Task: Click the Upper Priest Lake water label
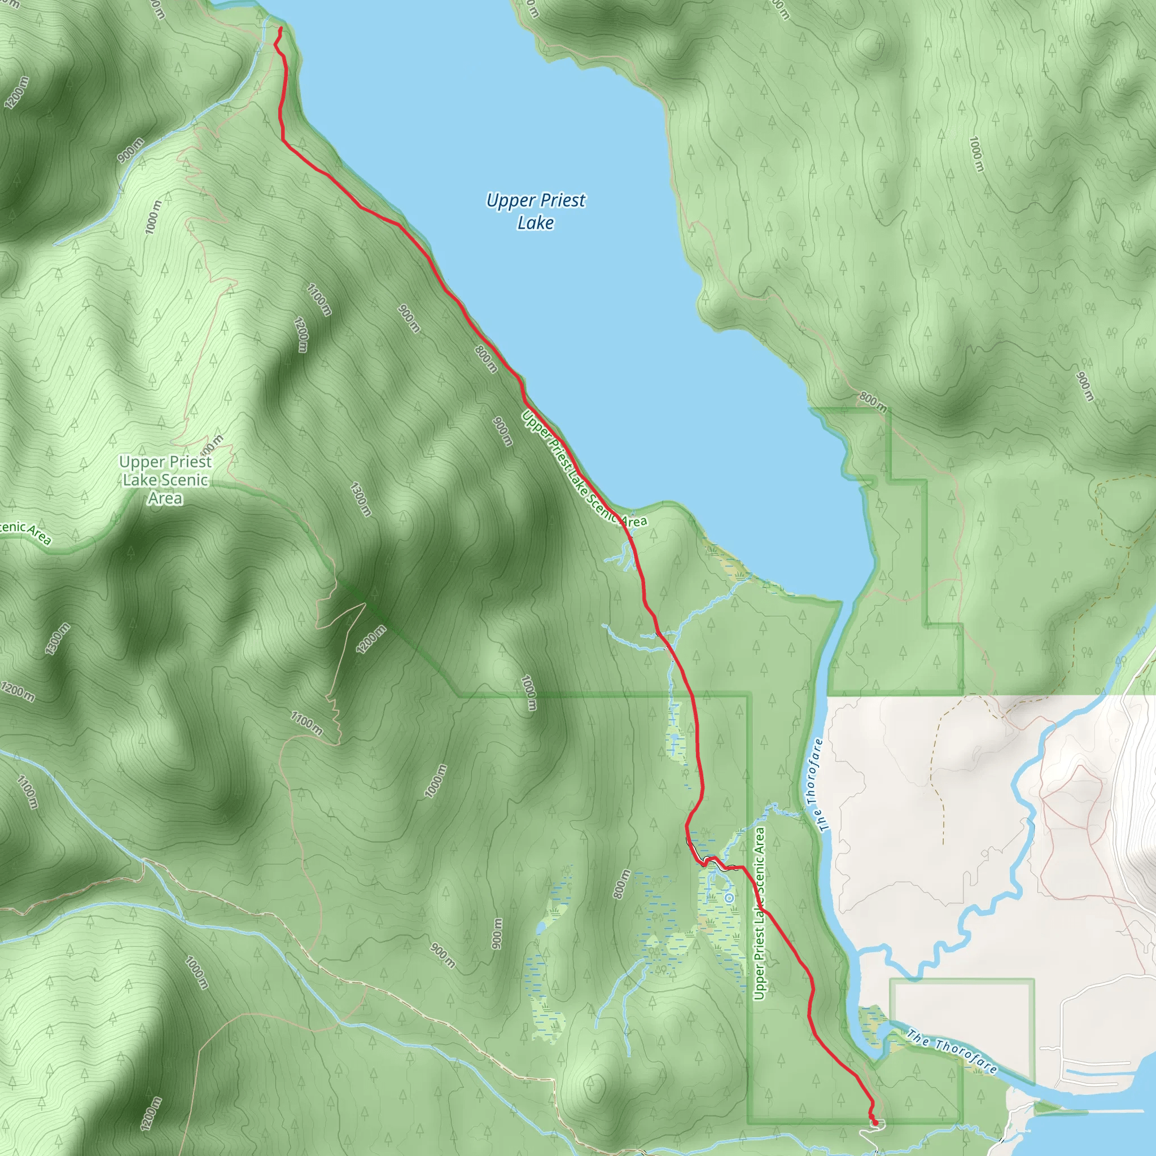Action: coord(536,211)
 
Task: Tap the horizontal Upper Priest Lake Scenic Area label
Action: coord(165,480)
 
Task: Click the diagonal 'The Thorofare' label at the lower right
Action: coord(951,1051)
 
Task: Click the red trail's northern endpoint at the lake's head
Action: coord(281,28)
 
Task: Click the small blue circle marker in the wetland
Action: coord(729,898)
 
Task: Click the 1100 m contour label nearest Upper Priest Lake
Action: coord(319,299)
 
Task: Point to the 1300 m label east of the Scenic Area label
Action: coord(361,499)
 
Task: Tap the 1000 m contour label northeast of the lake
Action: coord(976,154)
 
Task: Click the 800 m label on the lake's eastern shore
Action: coord(873,402)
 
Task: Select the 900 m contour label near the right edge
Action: coord(1084,387)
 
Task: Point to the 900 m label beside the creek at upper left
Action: coord(130,150)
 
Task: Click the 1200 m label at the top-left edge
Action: coord(16,94)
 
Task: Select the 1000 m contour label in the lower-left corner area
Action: coord(196,973)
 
